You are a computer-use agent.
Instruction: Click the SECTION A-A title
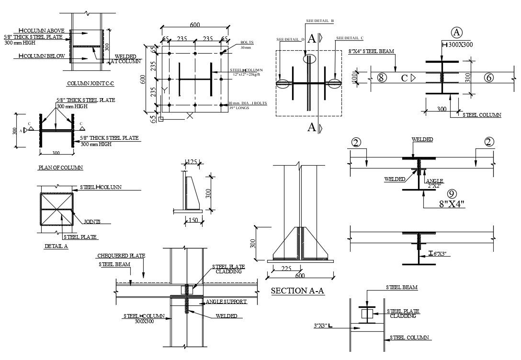297,291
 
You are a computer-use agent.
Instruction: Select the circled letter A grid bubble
456,32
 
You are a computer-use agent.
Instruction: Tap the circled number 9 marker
451,194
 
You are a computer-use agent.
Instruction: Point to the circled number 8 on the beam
382,78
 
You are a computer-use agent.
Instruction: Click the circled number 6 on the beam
488,78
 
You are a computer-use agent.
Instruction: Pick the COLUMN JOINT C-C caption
93,83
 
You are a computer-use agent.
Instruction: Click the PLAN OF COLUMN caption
60,168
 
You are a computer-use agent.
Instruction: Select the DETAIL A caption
56,246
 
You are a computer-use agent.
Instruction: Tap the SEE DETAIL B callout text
320,21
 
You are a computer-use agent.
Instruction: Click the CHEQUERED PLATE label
121,256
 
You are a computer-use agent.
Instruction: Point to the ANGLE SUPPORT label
226,302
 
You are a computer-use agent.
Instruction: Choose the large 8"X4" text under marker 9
452,203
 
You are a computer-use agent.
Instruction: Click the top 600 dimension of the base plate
195,25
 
